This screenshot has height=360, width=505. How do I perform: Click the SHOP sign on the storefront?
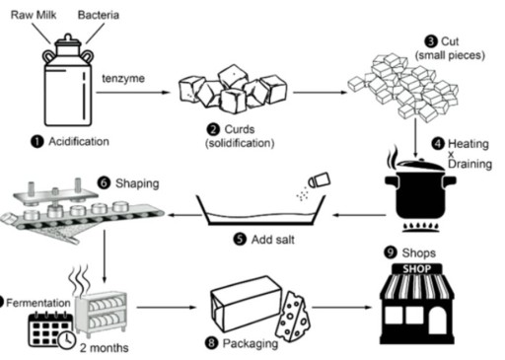point(413,269)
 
